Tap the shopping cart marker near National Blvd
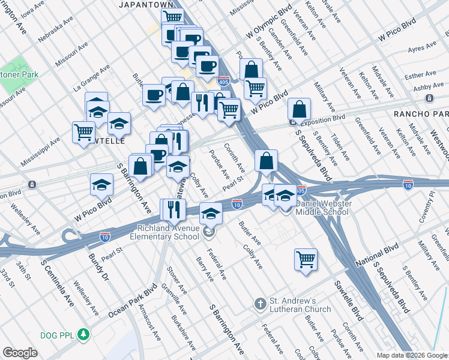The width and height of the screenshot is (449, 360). (x=306, y=259)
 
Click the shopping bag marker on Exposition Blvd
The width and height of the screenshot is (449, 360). (x=299, y=110)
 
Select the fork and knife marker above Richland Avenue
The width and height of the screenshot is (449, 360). (x=172, y=210)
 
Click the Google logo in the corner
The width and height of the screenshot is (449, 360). (x=20, y=353)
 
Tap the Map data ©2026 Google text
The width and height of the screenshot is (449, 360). (x=411, y=355)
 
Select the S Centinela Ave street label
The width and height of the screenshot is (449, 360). (x=58, y=282)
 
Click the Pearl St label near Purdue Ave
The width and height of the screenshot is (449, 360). (x=232, y=182)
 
